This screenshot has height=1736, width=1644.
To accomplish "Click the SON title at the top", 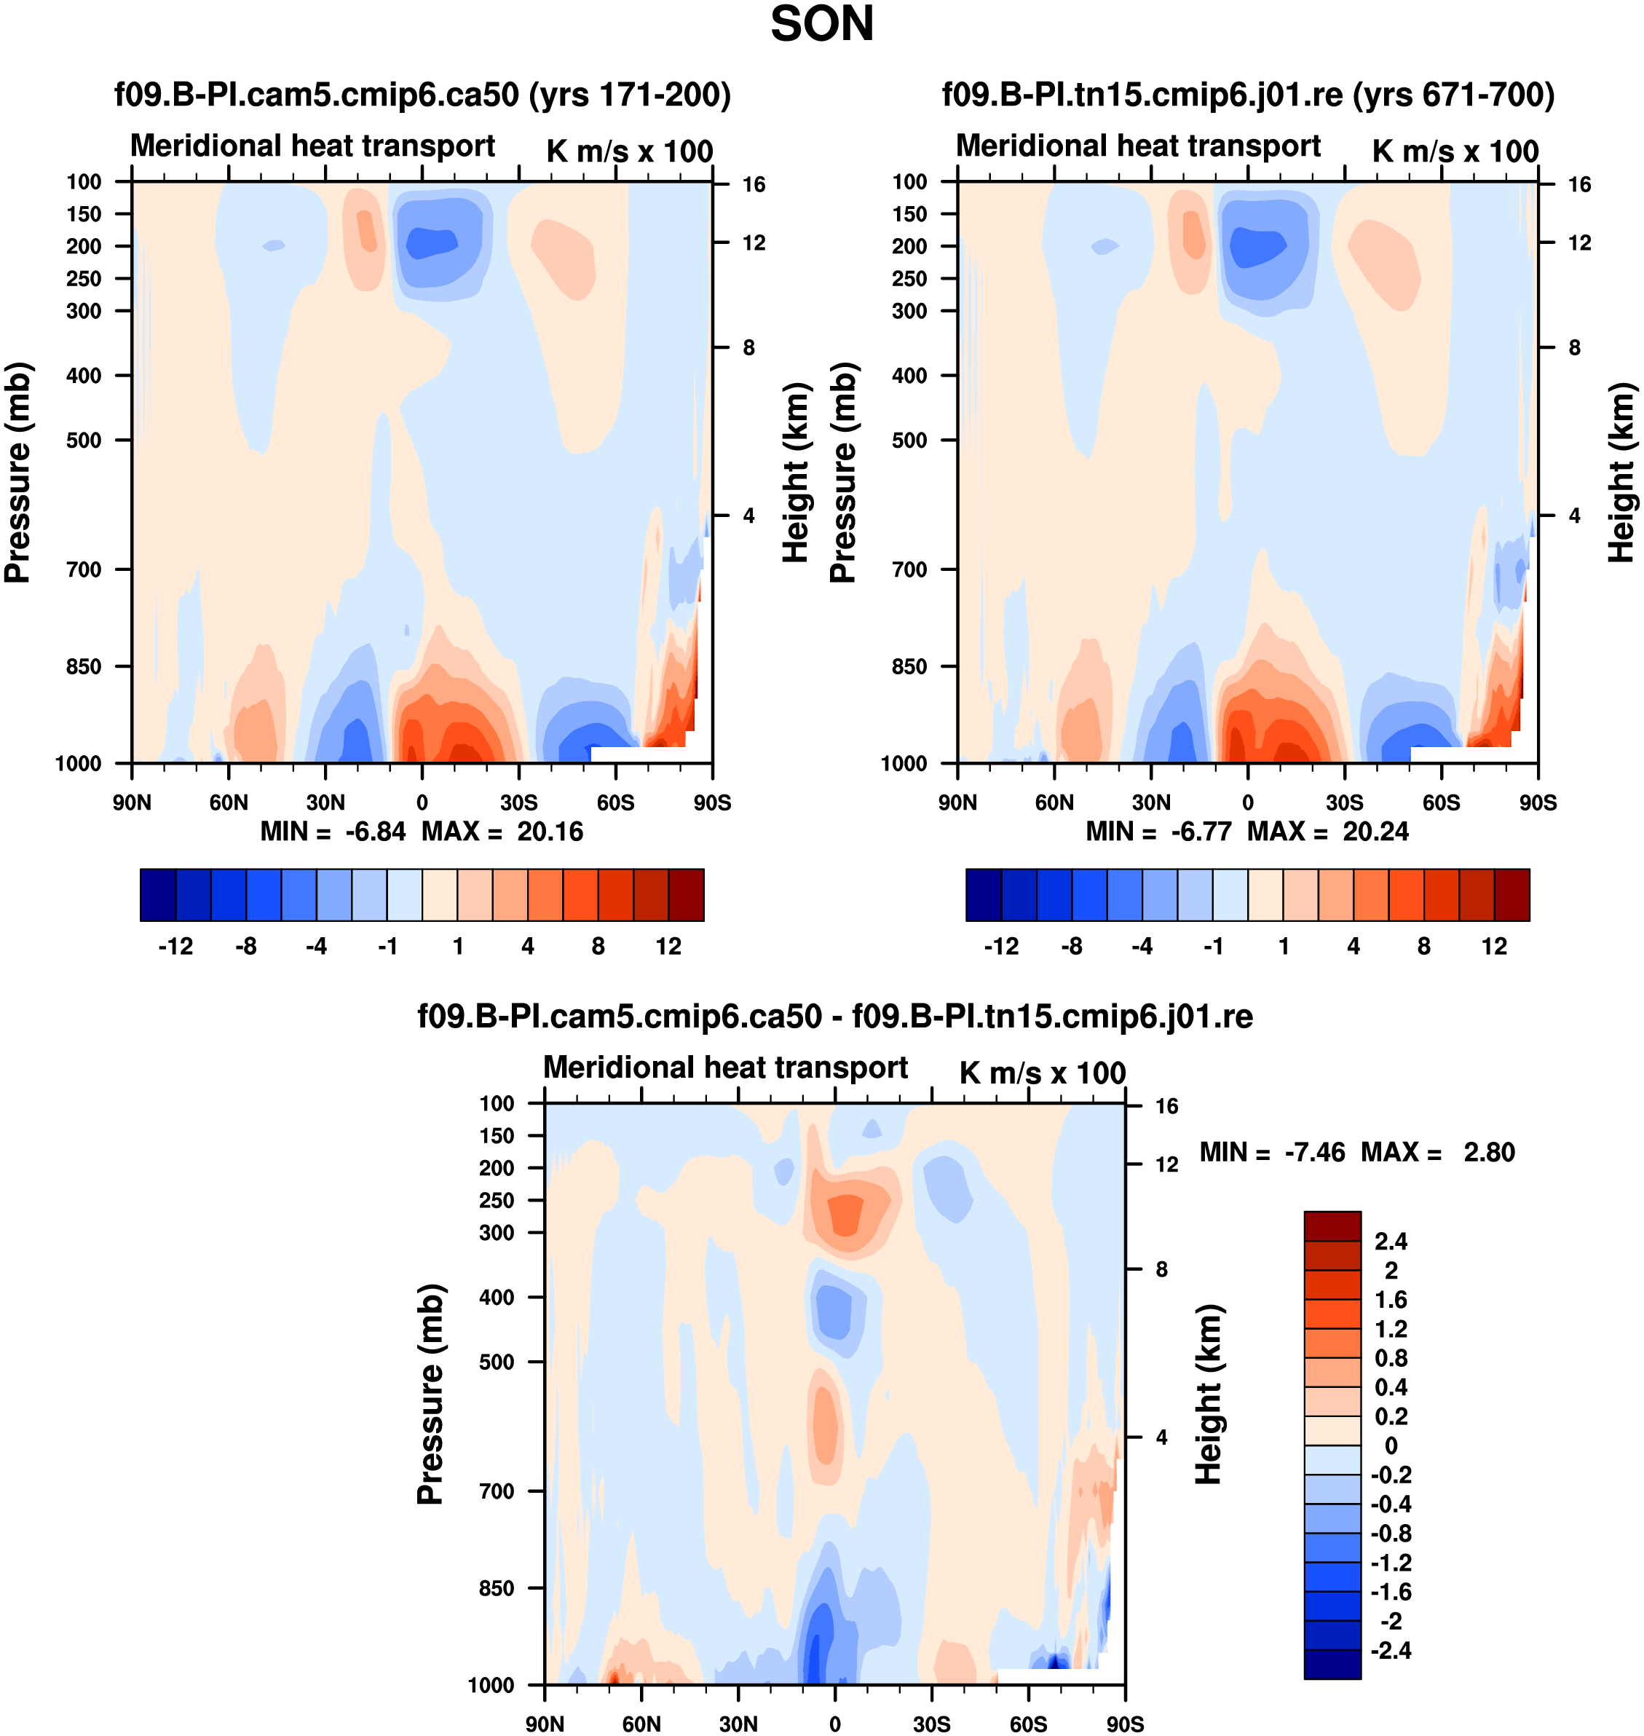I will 821,25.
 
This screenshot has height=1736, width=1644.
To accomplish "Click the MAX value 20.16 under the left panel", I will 550,832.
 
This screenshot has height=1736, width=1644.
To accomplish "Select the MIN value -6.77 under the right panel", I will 1201,832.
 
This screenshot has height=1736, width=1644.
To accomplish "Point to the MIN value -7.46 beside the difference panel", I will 1313,1153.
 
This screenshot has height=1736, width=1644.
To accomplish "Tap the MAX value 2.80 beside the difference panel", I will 1489,1153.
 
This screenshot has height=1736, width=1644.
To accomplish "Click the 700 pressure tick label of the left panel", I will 84,569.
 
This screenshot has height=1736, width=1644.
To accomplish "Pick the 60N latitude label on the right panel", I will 1054,802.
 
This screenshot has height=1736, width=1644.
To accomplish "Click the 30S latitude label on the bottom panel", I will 931,1724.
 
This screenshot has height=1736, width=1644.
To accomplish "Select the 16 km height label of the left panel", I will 754,185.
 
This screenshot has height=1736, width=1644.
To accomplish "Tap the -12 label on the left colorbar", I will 175,947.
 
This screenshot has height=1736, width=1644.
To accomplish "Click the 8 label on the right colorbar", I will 1424,947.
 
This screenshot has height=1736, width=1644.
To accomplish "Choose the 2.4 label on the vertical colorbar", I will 1391,1242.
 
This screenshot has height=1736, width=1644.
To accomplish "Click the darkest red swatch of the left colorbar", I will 686,895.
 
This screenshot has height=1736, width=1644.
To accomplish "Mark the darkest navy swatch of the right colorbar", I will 983,895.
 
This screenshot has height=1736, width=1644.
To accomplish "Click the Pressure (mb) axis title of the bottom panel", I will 430,1393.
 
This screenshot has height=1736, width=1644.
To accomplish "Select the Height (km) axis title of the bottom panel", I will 1209,1393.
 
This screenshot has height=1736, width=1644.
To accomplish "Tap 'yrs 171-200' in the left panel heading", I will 631,95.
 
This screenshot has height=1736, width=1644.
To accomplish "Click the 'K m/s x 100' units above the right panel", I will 1455,151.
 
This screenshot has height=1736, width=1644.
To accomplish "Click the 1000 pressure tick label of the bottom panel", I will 491,1685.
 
